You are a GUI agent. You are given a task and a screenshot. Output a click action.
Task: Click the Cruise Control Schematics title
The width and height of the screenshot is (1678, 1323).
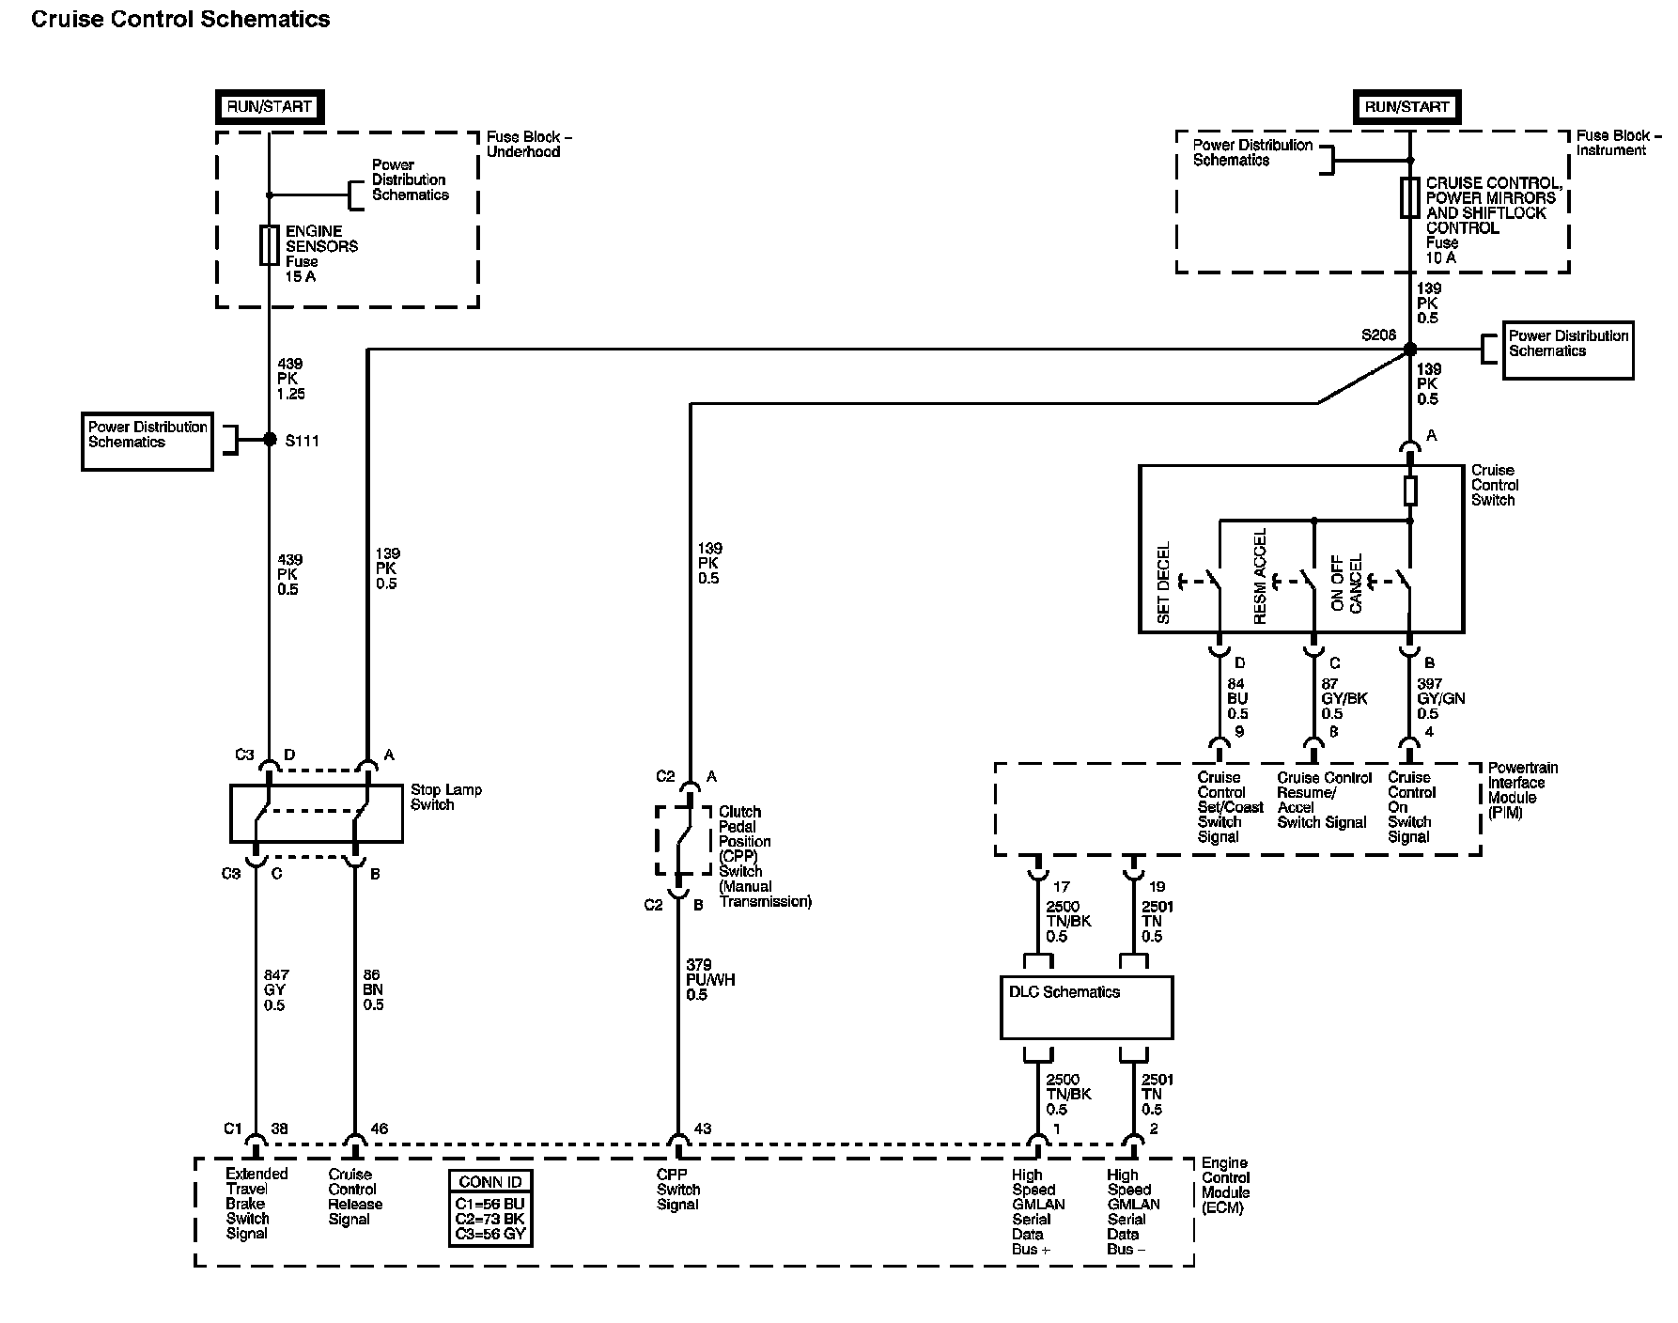(180, 19)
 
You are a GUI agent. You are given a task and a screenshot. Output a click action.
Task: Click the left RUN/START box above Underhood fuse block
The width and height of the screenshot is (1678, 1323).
(269, 107)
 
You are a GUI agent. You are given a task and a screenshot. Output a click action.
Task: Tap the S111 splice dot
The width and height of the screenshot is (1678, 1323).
(270, 440)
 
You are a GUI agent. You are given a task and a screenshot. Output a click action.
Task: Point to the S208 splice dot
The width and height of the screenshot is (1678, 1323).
(1409, 350)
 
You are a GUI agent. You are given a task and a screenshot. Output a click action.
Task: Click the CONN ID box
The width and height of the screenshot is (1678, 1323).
(490, 1208)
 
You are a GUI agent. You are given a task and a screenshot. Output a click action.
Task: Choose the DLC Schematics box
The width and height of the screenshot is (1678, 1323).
(1087, 1007)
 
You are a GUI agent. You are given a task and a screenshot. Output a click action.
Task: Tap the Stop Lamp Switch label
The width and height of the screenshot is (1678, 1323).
(445, 797)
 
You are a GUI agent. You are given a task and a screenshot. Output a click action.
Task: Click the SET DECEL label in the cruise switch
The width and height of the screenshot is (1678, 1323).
(1164, 583)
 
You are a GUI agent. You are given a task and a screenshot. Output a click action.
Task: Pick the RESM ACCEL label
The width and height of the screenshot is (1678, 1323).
(1260, 576)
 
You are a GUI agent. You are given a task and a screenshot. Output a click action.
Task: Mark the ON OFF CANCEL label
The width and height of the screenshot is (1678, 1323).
(1346, 583)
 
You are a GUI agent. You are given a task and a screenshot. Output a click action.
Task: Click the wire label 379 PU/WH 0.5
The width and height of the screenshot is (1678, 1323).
(710, 979)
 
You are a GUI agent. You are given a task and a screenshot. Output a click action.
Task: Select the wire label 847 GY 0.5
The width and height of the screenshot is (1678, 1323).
(276, 990)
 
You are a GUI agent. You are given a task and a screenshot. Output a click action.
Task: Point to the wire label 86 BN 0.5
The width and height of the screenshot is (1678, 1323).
(373, 990)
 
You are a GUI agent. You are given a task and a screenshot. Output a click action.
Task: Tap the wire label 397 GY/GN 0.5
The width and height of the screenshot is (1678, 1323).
(1440, 698)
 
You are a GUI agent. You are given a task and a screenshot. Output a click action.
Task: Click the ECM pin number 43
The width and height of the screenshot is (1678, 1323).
(703, 1128)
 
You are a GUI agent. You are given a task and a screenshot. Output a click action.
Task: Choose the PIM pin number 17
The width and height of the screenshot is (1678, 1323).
(1062, 886)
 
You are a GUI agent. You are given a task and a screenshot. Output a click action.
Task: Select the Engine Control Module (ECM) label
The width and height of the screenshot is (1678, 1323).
(1226, 1186)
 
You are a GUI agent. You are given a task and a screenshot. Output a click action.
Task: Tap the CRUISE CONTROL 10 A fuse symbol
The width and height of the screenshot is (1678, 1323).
(1409, 197)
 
